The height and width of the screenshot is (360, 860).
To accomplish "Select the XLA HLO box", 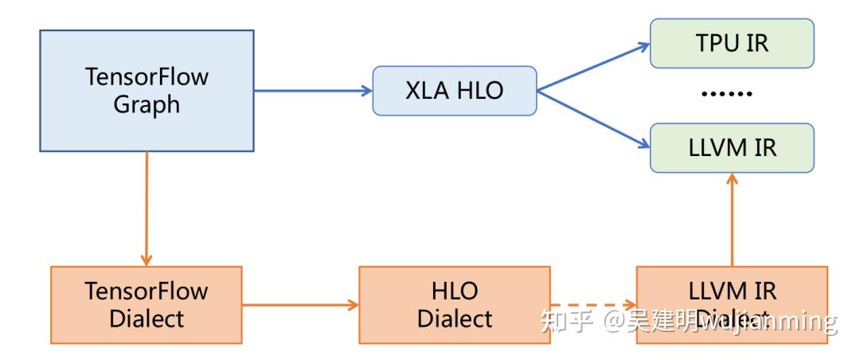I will click(x=455, y=90).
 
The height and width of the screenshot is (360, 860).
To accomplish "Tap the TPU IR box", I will click(x=732, y=43).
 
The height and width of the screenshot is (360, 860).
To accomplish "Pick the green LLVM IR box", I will click(x=732, y=148).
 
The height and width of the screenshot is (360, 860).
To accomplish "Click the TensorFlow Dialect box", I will click(x=146, y=305).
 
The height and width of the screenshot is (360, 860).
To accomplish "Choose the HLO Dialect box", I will click(x=454, y=305).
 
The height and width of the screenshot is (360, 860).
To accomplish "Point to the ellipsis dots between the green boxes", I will click(x=726, y=95).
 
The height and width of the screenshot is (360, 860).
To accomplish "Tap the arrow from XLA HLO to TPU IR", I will click(x=593, y=67).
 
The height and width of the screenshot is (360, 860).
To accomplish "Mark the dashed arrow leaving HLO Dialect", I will click(x=593, y=305).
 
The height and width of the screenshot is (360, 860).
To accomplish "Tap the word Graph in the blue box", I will click(x=147, y=104).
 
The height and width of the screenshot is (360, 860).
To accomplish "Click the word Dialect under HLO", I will click(x=455, y=319).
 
